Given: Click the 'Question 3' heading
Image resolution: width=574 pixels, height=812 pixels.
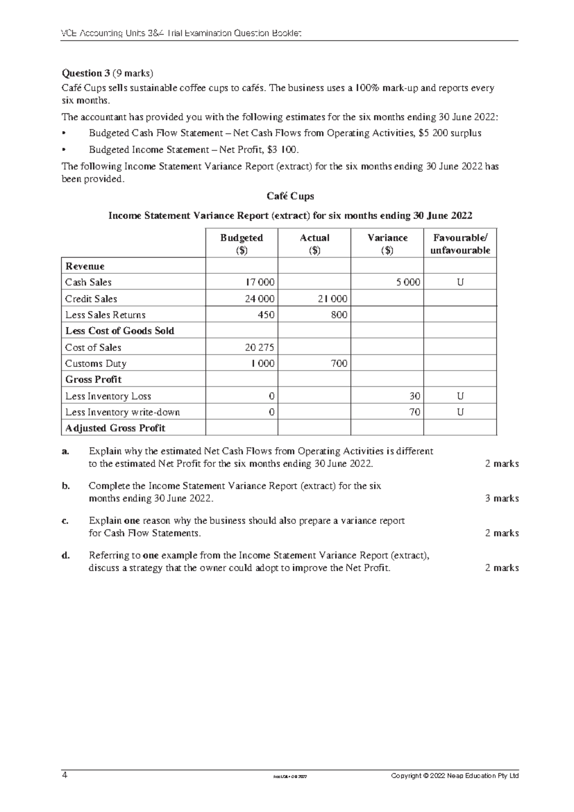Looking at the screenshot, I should tap(83, 73).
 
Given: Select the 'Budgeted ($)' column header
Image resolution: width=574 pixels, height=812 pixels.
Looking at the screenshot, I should tap(242, 244).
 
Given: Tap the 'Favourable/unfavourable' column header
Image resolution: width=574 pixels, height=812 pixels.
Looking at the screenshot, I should tap(460, 244).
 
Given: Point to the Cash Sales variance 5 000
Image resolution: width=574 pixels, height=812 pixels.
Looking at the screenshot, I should tap(408, 282).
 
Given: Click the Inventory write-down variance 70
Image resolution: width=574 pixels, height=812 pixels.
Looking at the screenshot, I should tap(414, 412).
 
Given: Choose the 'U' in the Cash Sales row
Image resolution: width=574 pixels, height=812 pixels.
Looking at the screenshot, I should tap(460, 282).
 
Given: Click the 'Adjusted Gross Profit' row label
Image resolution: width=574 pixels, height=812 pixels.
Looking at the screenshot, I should tap(115, 429).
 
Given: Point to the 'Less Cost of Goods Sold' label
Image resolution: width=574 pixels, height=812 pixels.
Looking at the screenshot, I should tap(120, 331).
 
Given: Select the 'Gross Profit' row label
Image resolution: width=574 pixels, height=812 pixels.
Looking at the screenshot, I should tap(93, 380).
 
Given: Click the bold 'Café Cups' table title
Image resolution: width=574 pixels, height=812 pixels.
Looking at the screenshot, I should tap(290, 196).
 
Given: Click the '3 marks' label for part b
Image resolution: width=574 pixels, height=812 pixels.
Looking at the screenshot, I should tap(502, 498).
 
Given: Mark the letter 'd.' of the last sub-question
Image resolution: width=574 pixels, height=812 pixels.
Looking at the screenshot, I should tap(66, 555).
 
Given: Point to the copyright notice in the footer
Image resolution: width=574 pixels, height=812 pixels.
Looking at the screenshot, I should tap(454, 776).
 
